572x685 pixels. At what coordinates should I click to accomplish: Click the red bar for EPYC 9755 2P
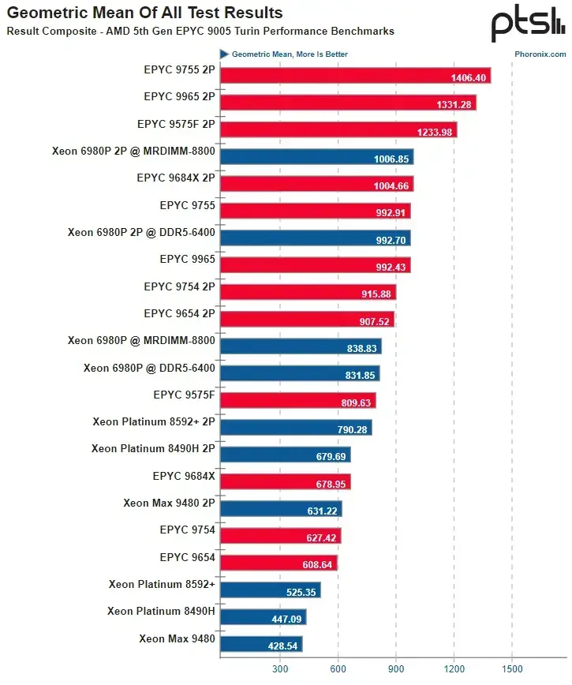coord(355,76)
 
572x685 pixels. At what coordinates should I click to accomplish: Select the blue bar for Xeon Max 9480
coord(261,644)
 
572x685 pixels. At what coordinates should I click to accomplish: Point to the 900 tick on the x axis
coord(396,668)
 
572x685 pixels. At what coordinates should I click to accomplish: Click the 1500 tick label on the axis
coord(512,668)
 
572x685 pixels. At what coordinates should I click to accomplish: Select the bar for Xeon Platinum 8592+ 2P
coord(296,428)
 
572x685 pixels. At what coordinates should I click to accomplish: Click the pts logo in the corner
coord(527,25)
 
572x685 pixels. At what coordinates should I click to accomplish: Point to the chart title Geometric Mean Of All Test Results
coord(144,13)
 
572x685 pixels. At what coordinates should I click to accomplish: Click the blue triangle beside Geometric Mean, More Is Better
coord(224,54)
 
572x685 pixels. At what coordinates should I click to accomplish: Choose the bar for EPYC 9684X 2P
coord(316,184)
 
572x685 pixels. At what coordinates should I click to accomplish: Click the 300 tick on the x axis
coord(279,668)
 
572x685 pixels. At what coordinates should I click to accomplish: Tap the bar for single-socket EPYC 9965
coord(315,265)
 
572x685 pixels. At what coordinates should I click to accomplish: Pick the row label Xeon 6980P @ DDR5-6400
coord(149,367)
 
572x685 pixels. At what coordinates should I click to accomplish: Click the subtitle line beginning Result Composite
coord(200,32)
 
